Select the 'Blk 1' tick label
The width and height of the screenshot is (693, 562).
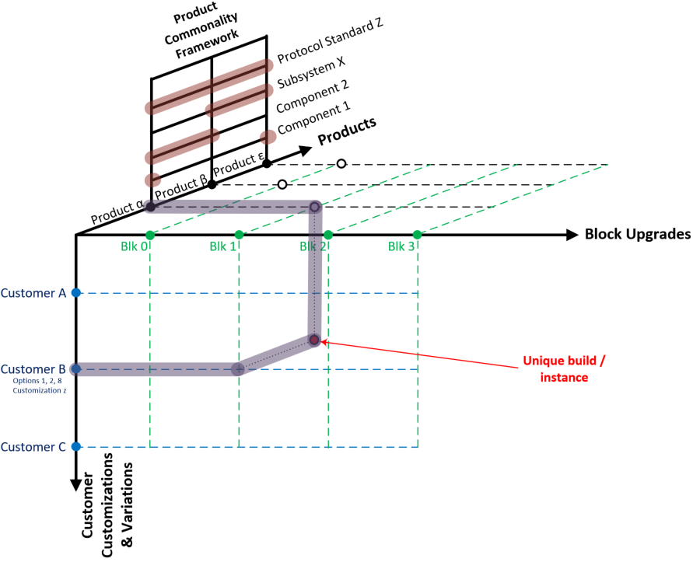click(x=224, y=247)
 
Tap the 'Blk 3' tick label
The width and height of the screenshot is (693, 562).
click(x=403, y=247)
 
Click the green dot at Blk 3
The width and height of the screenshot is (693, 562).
click(x=417, y=235)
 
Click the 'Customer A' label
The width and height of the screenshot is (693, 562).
click(x=33, y=293)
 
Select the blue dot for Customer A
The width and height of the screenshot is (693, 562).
click(x=75, y=293)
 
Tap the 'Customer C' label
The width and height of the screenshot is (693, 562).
click(x=33, y=447)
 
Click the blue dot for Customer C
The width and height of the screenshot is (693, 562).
click(x=75, y=447)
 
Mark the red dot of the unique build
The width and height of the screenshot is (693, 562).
click(x=314, y=340)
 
